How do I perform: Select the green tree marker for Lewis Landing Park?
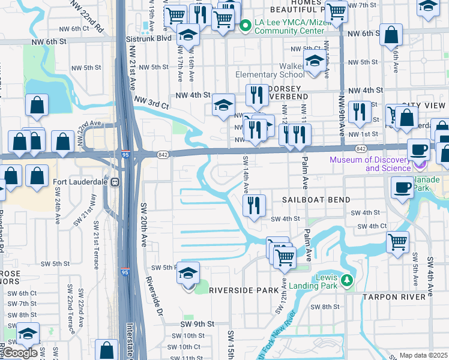[346, 280]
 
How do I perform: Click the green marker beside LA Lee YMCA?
[245, 26]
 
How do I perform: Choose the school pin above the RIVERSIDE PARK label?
[188, 274]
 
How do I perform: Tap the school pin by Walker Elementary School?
[315, 61]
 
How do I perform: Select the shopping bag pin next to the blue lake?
[37, 106]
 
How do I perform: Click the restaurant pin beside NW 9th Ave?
[360, 112]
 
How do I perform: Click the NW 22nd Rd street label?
[87, 16]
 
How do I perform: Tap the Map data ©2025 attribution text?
[423, 356]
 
